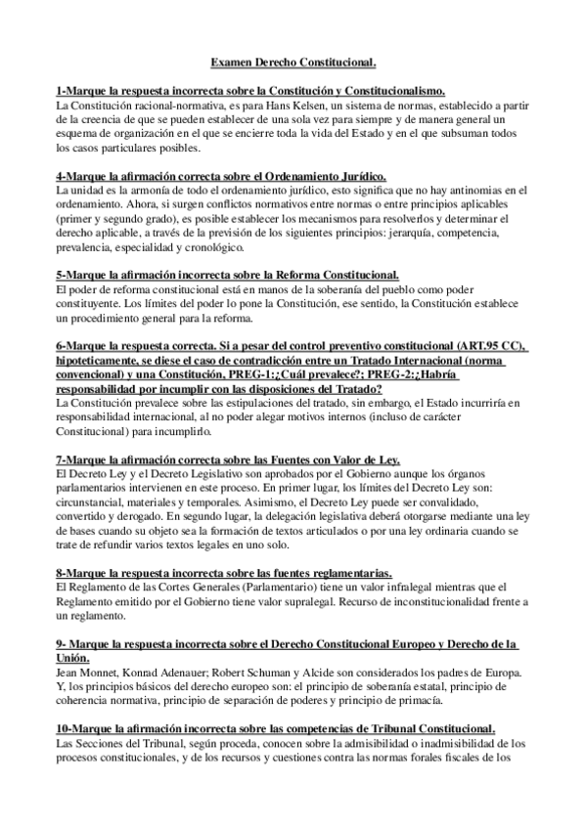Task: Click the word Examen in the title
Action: tap(232, 63)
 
